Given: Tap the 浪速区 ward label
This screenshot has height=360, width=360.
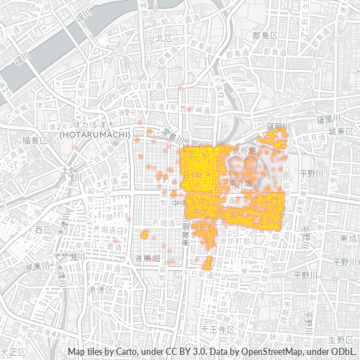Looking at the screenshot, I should click(96, 289).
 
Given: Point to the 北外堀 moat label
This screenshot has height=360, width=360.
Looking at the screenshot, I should click(240, 151).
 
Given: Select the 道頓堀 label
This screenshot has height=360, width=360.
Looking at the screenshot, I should click(148, 257).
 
